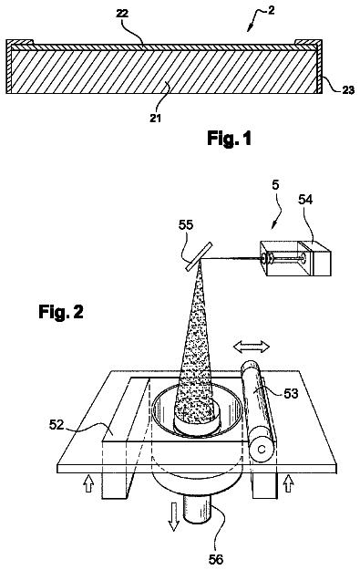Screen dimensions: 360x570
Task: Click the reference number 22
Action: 122,14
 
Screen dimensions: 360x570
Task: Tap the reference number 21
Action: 156,119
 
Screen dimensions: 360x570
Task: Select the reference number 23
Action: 347,89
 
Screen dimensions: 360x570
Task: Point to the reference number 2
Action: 271,11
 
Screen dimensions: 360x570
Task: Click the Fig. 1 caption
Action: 230,139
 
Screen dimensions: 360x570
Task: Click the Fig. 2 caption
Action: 61,312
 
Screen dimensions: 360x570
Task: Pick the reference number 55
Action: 186,225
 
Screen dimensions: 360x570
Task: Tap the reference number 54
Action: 305,200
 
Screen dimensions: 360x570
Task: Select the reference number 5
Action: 276,185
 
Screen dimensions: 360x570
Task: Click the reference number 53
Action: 291,393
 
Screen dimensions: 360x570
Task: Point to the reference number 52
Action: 57,424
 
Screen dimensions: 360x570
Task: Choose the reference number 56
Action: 216,559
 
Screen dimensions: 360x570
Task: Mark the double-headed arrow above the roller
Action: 252,347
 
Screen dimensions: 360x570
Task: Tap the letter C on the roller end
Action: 262,450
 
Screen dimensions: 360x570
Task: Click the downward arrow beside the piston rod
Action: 173,516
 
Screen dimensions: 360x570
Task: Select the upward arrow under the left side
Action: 88,484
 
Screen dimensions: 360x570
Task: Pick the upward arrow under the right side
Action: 288,484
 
